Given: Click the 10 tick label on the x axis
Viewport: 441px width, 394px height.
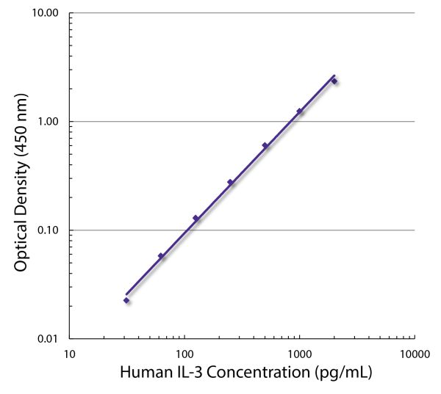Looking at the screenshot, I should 70,353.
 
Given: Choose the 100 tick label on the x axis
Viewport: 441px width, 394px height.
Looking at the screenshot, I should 184,353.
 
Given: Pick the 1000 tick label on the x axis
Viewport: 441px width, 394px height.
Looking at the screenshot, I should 299,353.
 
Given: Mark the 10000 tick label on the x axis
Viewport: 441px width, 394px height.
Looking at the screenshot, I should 414,353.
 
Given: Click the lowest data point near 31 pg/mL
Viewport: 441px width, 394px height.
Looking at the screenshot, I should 126,300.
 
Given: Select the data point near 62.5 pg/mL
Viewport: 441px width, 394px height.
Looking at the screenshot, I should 161,256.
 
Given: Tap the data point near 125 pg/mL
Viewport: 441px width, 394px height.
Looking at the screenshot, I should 196,218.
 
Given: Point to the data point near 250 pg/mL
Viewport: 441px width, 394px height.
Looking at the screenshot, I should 230,182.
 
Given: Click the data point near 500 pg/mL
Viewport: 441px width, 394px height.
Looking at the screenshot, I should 265,145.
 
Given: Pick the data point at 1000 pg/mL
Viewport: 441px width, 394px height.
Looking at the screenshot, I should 299,112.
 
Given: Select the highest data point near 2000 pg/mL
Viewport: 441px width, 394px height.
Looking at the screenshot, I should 334,81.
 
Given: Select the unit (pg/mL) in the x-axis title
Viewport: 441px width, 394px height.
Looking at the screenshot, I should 343,373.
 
